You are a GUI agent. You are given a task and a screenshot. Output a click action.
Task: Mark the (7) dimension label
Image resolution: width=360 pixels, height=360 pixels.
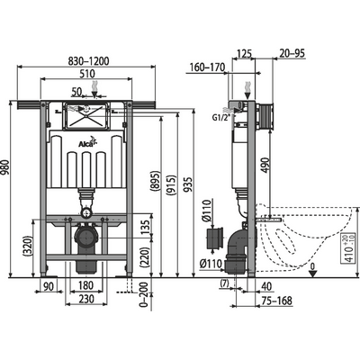[x=223, y=286]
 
